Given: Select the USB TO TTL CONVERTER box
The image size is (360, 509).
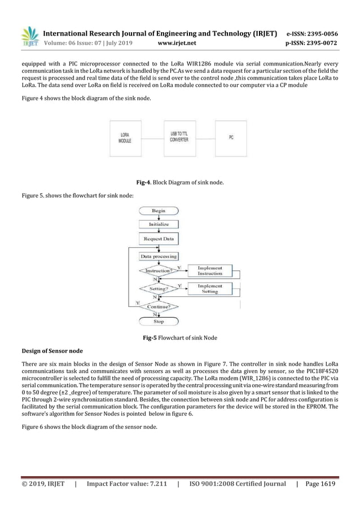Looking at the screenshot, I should point(179,137).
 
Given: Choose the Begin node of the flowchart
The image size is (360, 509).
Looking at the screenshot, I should point(159,210).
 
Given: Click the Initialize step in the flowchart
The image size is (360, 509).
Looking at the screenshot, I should point(159,224).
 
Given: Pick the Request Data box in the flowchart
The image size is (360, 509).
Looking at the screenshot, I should point(159,239).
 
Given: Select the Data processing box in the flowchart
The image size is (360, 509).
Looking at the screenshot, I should point(159,256).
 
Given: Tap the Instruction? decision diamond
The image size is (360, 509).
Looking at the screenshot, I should point(158,271).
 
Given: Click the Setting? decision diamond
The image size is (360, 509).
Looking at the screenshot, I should point(159,288).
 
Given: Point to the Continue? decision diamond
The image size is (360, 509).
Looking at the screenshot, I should point(159,308).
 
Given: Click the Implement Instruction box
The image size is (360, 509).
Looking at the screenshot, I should point(209,271).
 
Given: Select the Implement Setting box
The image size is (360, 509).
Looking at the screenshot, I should point(209,288).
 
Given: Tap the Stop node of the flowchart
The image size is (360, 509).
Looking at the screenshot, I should point(159,322).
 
